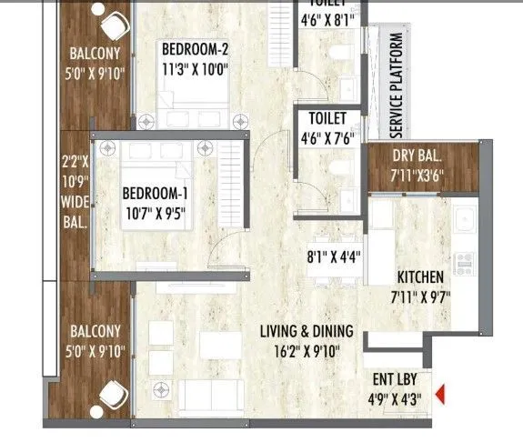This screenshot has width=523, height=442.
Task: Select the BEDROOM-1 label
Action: click(x=156, y=192)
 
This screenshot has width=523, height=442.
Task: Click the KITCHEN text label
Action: click(x=419, y=277)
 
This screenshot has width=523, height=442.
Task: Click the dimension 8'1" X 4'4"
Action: click(x=335, y=256)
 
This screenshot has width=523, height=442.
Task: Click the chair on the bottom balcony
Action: click(x=112, y=394)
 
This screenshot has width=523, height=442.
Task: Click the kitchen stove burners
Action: click(x=464, y=264)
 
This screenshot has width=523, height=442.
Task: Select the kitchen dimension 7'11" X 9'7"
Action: click(x=419, y=295)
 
